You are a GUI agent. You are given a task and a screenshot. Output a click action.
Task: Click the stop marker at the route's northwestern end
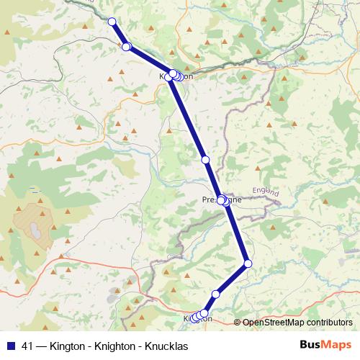(112, 21)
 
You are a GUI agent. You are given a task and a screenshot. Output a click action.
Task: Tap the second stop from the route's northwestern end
(126, 47)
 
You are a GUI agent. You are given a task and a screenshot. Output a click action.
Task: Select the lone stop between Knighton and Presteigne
(205, 159)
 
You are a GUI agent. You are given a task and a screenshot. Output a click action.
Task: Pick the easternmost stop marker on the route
(248, 264)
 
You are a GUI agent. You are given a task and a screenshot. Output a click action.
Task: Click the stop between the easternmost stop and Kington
(216, 294)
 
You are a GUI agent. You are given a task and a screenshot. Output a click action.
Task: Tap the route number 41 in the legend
(27, 346)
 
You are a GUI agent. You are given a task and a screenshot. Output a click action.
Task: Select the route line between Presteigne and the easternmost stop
(237, 233)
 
